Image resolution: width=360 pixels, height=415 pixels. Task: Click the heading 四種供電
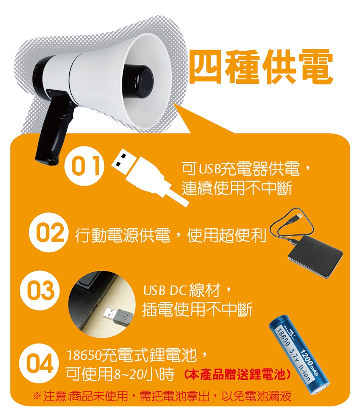click(262, 66)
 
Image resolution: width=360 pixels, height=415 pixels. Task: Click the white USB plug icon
click(150, 177)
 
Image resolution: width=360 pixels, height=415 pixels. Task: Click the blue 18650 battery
click(300, 355)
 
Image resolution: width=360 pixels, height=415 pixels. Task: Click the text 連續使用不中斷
click(237, 189)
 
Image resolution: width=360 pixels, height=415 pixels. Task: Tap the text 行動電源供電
click(122, 235)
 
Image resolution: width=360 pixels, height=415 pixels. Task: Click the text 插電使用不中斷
click(197, 309)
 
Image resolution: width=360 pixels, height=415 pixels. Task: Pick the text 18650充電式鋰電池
click(131, 355)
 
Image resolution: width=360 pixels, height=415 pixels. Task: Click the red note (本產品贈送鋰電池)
click(237, 375)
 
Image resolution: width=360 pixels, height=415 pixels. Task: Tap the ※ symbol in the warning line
click(37, 396)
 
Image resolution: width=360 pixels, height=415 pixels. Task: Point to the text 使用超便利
click(227, 235)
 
